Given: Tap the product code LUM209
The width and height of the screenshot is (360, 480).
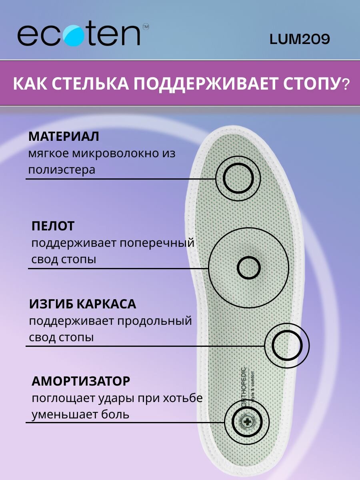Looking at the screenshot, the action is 300,39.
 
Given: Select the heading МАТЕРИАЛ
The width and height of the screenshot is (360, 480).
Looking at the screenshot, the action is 64,136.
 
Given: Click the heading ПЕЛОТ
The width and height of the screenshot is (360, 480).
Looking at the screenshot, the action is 53,226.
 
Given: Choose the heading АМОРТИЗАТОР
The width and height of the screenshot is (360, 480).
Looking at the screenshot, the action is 81,381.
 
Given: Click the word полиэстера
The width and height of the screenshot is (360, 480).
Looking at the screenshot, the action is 62,170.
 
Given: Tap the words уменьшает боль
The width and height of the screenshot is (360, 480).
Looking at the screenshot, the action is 80,414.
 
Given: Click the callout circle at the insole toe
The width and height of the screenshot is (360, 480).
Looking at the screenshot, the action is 238,178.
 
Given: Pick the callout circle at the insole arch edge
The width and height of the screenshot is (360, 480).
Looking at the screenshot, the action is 287,345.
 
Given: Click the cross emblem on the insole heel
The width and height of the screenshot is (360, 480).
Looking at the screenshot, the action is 246,422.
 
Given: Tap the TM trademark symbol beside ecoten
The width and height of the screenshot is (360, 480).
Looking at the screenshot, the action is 146,27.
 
